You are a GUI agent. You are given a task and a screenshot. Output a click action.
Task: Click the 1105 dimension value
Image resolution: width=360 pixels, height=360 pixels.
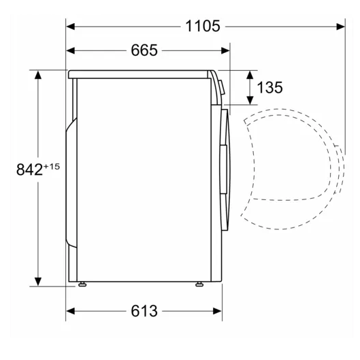pyautogui.click(x=203, y=26)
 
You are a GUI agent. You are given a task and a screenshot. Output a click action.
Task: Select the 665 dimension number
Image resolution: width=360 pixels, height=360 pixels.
pyautogui.click(x=144, y=50)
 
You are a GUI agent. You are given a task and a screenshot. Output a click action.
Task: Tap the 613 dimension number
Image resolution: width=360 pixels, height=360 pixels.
pyautogui.click(x=144, y=311)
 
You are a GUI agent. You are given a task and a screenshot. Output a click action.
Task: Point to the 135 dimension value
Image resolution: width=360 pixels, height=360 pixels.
pyautogui.click(x=269, y=87)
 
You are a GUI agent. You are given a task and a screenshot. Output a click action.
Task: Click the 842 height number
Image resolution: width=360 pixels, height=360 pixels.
pyautogui.click(x=29, y=169)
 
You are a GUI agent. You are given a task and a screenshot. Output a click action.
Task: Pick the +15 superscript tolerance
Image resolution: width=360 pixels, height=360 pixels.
pyautogui.click(x=52, y=166)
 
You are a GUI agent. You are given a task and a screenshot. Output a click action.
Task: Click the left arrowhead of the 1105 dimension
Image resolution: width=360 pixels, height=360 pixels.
pyautogui.click(x=71, y=27)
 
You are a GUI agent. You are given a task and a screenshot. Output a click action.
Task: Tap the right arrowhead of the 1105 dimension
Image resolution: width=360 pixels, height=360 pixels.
pyautogui.click(x=340, y=27)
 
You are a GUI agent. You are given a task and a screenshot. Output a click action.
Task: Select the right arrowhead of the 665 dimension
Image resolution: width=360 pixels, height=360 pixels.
pyautogui.click(x=225, y=50)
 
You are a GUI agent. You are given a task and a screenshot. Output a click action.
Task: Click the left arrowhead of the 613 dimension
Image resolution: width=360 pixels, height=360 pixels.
pyautogui.click(x=71, y=311)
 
